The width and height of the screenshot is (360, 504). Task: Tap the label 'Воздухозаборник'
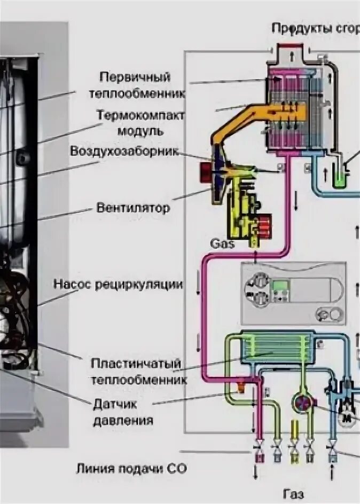[123, 151]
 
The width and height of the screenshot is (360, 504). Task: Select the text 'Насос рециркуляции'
[118, 285]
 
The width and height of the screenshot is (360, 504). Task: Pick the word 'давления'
[123, 421]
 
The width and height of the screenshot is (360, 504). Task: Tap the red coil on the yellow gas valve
[264, 226]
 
